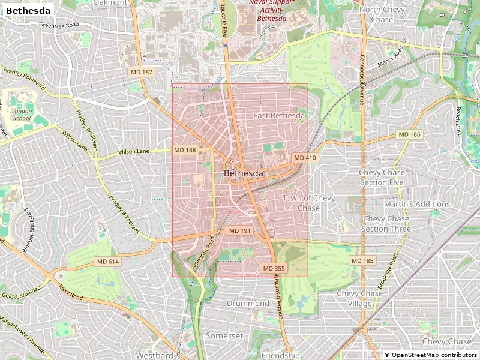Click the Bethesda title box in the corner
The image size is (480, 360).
(x=28, y=10)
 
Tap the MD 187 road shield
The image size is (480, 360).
(x=142, y=72)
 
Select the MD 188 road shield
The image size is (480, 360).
(x=185, y=150)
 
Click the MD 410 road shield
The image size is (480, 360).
(x=304, y=158)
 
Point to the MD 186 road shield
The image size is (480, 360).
(x=410, y=134)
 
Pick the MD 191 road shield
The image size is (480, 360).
(x=240, y=231)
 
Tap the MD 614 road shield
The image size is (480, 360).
(x=109, y=262)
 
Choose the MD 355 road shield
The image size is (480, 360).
(x=273, y=268)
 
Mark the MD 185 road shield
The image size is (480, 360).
(x=362, y=260)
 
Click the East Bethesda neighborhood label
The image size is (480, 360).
(x=279, y=115)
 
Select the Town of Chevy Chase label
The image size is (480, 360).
(x=309, y=203)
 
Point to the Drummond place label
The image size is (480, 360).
(x=248, y=304)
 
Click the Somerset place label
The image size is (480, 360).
(x=224, y=336)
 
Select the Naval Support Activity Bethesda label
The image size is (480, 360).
(x=272, y=11)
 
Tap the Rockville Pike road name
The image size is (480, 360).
(x=223, y=18)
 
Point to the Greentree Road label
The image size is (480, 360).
(x=59, y=25)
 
